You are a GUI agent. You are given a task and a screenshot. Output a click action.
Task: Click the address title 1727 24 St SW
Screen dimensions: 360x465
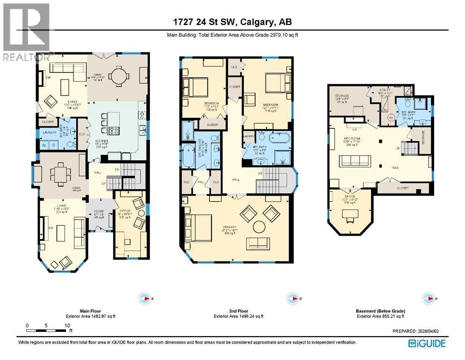click(x=233, y=22)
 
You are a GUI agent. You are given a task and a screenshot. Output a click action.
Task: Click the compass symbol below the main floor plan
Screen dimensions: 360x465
click(x=145, y=298)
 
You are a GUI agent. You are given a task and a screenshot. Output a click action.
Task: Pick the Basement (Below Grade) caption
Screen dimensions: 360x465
click(x=381, y=311)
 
